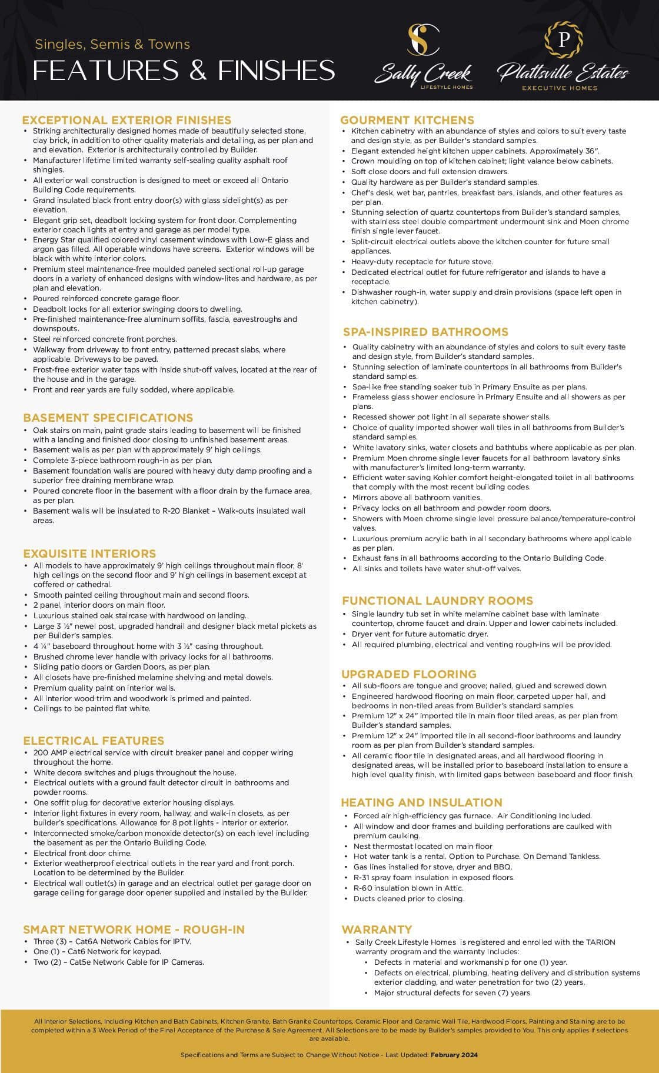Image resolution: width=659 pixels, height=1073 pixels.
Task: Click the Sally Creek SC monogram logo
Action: (424, 40)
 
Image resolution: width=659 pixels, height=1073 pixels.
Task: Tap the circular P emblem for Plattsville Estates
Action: (563, 39)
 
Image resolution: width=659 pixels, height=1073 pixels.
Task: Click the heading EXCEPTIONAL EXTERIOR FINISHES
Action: (127, 120)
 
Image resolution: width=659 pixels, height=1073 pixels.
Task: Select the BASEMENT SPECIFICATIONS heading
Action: (108, 418)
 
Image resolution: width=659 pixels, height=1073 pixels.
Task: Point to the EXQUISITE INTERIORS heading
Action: (89, 554)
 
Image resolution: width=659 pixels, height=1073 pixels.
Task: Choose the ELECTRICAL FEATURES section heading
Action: (94, 741)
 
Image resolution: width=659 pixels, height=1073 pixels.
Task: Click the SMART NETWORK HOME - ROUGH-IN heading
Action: (134, 929)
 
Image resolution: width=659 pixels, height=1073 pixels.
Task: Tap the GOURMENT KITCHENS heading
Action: (407, 120)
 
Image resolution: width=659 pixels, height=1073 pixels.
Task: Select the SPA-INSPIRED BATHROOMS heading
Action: (425, 332)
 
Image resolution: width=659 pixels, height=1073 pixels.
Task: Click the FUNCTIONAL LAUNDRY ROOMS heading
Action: (437, 601)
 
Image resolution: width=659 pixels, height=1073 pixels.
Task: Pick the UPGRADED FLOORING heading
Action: (409, 674)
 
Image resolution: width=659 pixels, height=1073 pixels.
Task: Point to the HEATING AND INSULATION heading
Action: (421, 802)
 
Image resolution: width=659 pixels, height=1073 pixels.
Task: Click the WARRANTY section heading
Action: (377, 929)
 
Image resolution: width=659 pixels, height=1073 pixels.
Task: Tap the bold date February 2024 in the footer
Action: (454, 1055)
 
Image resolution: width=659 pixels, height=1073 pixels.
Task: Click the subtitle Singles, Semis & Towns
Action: (112, 44)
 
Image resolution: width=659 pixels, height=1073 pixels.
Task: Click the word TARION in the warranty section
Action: (600, 942)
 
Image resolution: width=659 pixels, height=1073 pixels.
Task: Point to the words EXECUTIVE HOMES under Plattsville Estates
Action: (560, 88)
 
